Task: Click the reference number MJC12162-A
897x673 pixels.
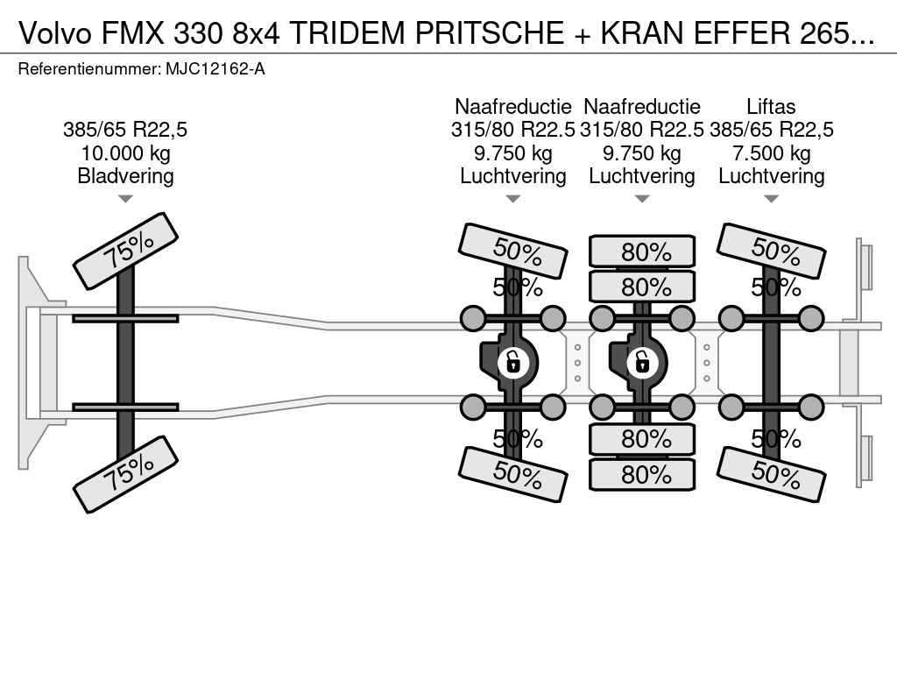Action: click(x=215, y=68)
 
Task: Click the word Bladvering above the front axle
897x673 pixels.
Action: click(x=125, y=176)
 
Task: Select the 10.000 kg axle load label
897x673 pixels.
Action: click(x=125, y=153)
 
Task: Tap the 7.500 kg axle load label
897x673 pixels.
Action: click(x=771, y=153)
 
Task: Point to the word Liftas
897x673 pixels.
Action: click(x=771, y=107)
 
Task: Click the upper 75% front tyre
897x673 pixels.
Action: click(x=126, y=251)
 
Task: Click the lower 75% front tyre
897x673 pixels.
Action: click(x=126, y=475)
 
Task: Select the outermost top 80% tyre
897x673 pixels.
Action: click(x=642, y=252)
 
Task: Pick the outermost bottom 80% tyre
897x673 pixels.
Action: click(x=642, y=474)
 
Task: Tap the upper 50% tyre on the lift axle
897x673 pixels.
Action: click(x=772, y=251)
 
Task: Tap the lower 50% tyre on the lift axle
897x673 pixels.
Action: click(x=772, y=474)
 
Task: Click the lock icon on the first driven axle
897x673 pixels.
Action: click(x=512, y=361)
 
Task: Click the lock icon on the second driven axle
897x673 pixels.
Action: click(x=641, y=361)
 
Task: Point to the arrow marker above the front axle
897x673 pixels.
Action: click(x=125, y=199)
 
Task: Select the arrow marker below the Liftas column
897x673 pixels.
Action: click(x=771, y=199)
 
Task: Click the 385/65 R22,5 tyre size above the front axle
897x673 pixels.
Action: click(x=125, y=131)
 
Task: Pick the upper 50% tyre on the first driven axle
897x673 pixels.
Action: click(x=513, y=251)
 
